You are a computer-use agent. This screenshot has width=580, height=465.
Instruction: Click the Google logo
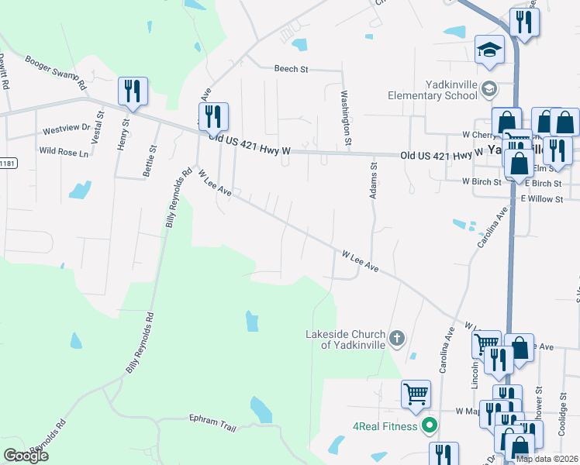point(26,456)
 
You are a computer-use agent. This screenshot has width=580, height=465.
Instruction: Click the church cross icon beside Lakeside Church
point(396,338)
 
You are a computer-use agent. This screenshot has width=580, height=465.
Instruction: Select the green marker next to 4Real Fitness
point(430,425)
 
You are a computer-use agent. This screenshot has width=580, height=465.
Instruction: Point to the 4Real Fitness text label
point(385,425)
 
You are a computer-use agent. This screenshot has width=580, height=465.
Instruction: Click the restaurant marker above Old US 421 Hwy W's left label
point(213,116)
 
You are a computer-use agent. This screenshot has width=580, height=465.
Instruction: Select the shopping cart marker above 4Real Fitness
point(416,393)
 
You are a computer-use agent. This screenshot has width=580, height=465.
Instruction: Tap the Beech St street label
point(291,69)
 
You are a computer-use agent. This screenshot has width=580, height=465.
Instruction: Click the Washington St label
point(347,118)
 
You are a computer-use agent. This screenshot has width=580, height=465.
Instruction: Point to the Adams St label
point(373,180)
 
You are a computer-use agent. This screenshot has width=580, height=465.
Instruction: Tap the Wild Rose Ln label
point(64,151)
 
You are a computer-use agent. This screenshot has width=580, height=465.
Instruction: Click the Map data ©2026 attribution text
point(546,459)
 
